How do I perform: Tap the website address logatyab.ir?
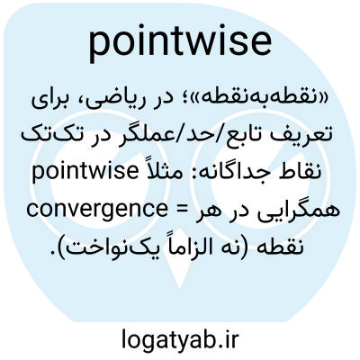pyautogui.click(x=180, y=338)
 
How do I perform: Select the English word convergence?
pyautogui.click(x=97, y=210)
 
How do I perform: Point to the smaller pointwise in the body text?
pyautogui.click(x=85, y=172)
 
